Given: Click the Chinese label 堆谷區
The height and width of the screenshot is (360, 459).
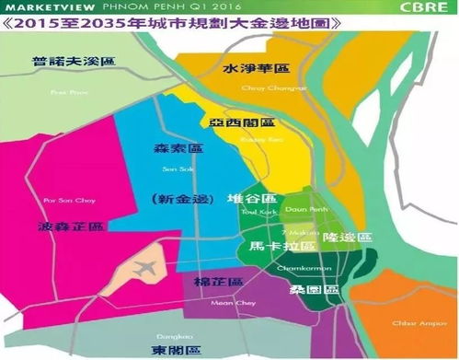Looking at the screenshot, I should (250, 199).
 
